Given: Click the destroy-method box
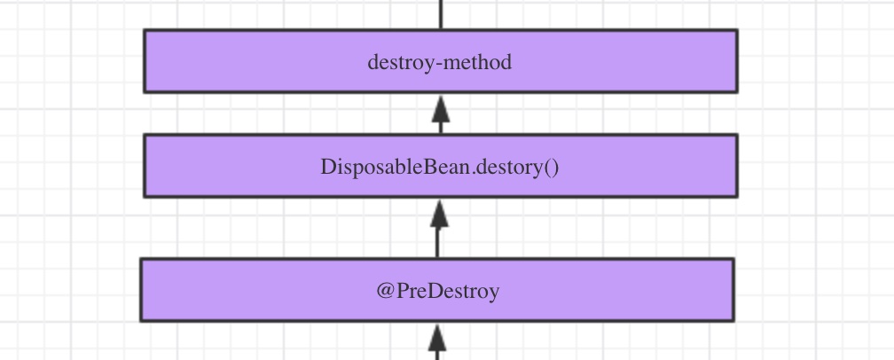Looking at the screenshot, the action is pyautogui.click(x=441, y=61).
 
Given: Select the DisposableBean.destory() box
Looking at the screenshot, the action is pyautogui.click(x=441, y=166).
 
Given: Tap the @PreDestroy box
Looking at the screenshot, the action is pyautogui.click(x=437, y=290).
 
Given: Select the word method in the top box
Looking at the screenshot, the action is pyautogui.click(x=476, y=61).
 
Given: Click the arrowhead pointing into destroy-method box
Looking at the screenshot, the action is pyautogui.click(x=441, y=109).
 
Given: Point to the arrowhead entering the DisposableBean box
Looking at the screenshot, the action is pyautogui.click(x=438, y=214).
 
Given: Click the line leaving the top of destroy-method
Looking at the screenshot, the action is pyautogui.click(x=441, y=14).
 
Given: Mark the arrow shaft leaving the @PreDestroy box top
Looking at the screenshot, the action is pyautogui.click(x=437, y=242).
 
